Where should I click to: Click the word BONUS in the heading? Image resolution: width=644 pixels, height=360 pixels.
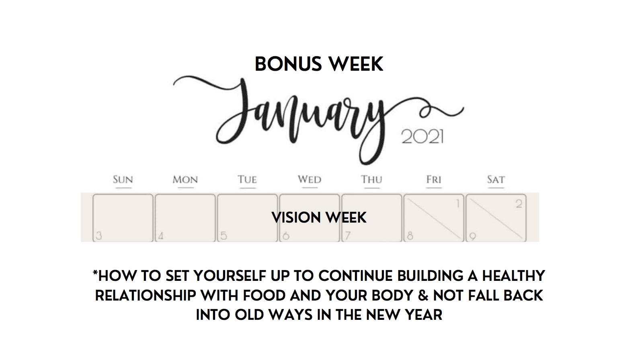288,64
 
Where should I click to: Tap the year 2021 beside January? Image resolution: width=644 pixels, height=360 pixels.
422,137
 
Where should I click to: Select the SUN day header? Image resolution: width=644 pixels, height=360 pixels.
123,180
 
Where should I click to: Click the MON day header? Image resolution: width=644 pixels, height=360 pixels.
185,180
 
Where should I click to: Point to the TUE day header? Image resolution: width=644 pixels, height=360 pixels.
247,180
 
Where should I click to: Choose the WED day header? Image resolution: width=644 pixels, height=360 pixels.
310,180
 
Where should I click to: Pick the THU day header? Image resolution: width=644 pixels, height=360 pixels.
372,180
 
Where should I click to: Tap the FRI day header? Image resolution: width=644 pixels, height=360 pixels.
434,180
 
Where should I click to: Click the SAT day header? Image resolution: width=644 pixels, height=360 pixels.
496,180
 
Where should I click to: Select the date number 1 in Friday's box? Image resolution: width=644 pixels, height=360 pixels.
458,204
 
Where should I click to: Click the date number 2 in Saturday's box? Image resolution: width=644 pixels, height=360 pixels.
519,204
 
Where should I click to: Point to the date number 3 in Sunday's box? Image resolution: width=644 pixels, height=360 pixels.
99,236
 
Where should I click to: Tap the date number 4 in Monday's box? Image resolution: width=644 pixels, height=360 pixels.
161,236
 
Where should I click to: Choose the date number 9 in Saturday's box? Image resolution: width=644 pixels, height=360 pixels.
472,236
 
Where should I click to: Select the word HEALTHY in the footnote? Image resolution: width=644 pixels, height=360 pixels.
513,276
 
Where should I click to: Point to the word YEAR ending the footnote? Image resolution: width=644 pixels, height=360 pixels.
424,315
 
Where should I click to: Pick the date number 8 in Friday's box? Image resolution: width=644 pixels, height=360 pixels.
410,236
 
